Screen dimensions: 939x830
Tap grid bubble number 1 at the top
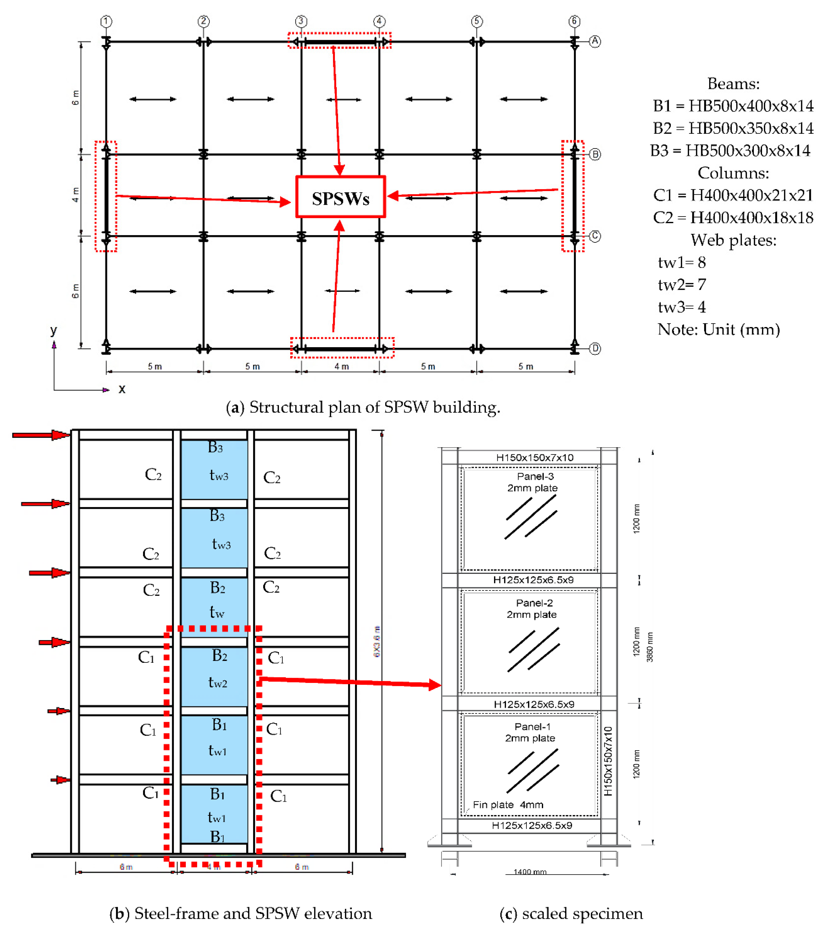(106, 21)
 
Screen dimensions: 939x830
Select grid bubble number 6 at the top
(574, 21)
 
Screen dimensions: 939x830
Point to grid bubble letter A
(595, 41)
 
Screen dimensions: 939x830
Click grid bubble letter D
(595, 349)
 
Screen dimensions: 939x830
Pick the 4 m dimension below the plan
(341, 366)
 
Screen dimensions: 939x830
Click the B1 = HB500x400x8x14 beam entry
(733, 106)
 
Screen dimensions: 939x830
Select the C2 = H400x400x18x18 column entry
(733, 218)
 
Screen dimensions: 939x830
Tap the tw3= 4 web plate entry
(682, 307)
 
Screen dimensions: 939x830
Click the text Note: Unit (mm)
(718, 329)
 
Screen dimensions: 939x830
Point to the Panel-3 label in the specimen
(535, 476)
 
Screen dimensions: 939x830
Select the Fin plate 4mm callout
(508, 805)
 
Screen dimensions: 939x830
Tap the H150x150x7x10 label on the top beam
(535, 458)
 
